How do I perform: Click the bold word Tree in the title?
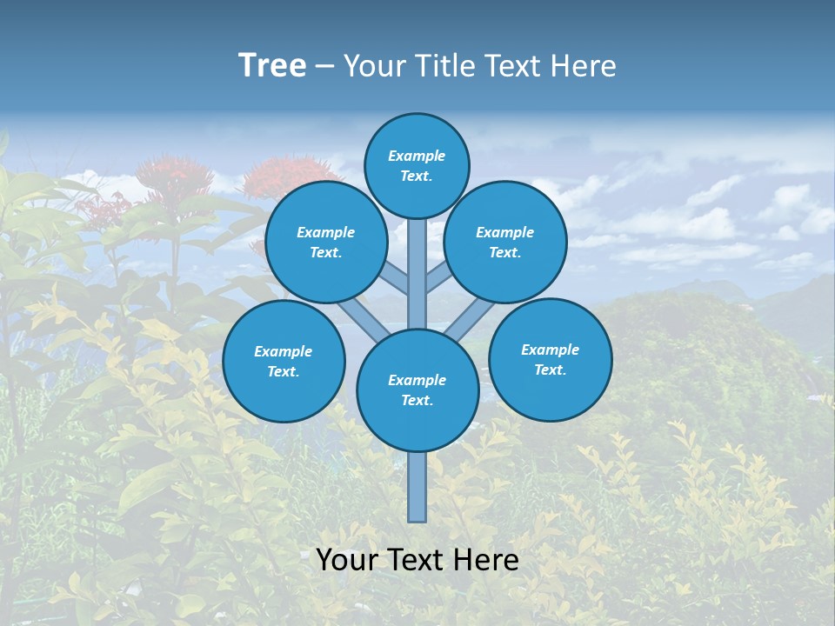click(272, 66)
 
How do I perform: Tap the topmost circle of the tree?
click(417, 165)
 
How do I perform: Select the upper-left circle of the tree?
click(326, 242)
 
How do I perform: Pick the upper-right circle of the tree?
click(505, 242)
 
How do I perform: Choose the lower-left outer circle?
click(284, 361)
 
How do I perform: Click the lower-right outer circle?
click(551, 359)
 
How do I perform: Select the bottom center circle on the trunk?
click(417, 390)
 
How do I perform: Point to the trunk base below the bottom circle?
click(417, 487)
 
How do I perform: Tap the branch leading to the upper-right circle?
click(440, 277)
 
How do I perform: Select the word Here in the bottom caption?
click(487, 560)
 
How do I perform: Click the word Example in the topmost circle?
click(417, 156)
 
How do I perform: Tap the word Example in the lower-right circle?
click(550, 350)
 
